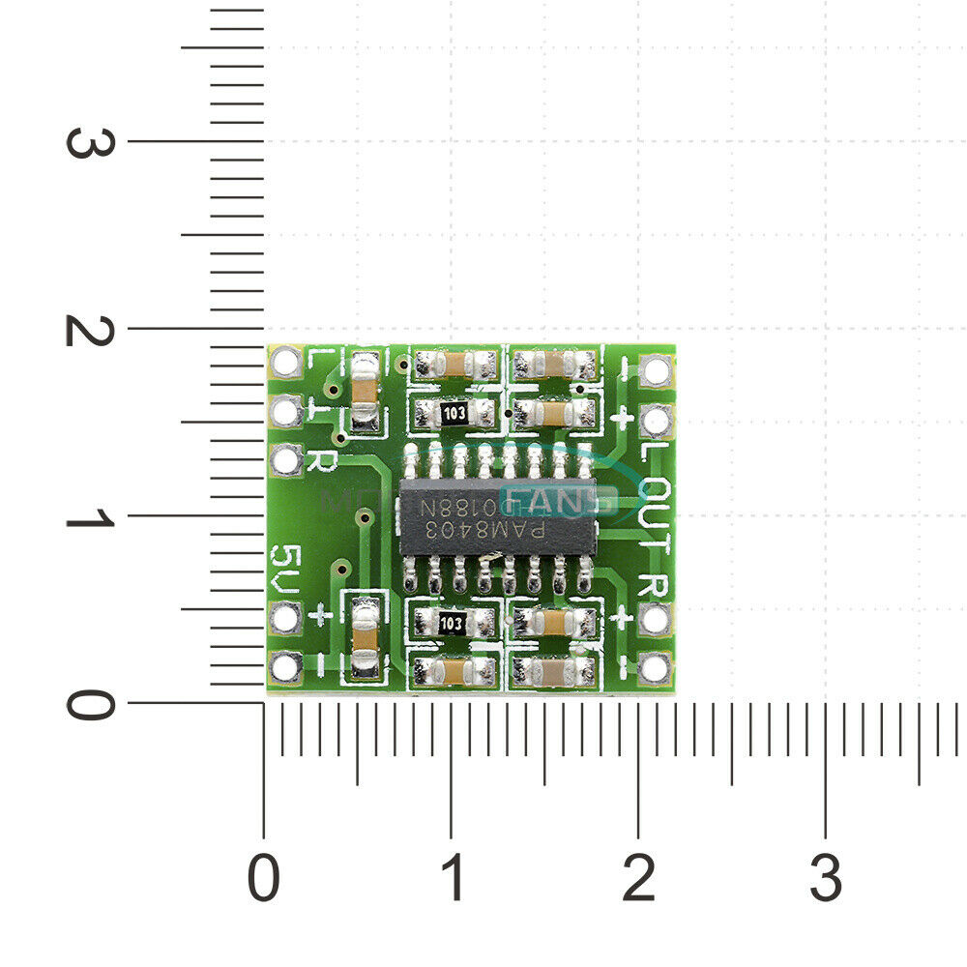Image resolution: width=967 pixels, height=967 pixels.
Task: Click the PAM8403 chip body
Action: [498, 516]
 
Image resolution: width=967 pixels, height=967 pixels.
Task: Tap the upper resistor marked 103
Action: [454, 415]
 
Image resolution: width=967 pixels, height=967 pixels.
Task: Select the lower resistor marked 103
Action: [450, 624]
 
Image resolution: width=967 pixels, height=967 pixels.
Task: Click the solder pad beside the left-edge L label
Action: [287, 364]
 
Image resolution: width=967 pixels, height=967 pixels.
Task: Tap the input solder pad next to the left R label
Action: [287, 460]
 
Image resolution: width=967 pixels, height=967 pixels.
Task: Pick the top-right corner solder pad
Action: [656, 368]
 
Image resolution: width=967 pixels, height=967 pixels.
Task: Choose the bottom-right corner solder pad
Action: [656, 667]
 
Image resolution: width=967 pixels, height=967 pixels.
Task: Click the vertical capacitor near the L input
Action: [364, 392]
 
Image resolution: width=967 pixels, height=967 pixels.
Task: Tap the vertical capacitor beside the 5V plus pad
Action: [364, 636]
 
